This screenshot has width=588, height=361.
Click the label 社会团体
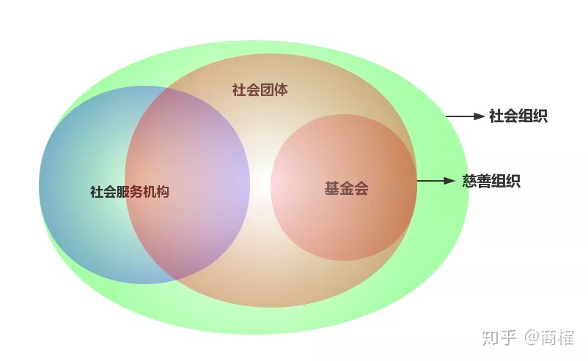260,90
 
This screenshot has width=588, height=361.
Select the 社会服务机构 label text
129,191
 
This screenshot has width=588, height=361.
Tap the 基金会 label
346,188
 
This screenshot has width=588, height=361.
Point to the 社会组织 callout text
518,116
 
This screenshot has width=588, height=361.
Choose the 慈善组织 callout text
491,181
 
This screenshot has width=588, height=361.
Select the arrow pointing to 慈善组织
436,181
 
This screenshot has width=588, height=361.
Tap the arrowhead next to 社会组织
479,116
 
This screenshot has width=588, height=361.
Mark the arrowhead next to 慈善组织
449,181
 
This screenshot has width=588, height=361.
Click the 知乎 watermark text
499,337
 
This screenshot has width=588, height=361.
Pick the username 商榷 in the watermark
557,337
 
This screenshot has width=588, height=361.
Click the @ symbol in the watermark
531,338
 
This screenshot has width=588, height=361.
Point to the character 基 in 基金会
332,188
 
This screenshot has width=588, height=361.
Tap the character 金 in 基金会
347,188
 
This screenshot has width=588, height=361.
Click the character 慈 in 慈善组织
469,181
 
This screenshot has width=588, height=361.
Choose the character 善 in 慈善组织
484,181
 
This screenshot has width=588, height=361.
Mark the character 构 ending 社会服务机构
163,191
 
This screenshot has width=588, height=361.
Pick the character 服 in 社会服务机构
123,191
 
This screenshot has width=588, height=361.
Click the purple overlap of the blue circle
188,184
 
